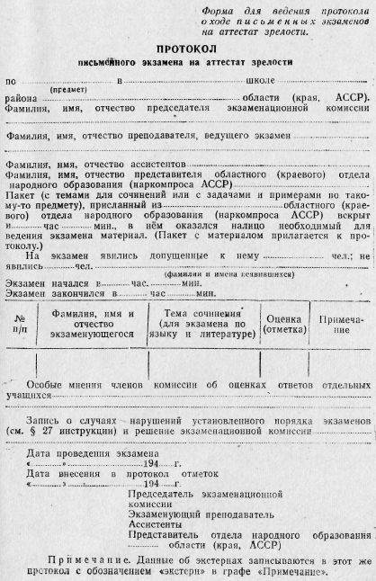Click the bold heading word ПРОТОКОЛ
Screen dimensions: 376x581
click(x=187, y=51)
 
